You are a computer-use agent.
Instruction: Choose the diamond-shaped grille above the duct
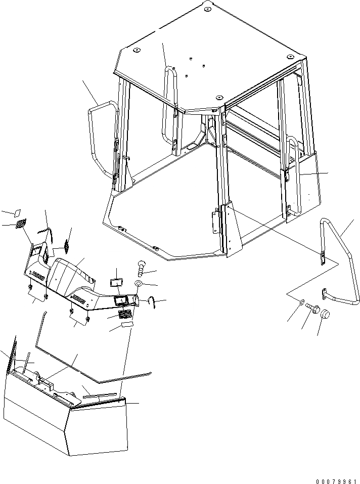coord(66,246)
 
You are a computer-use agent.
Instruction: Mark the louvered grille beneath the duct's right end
coord(124,315)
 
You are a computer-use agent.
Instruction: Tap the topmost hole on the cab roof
coord(208,9)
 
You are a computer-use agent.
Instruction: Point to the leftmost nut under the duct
coord(31,287)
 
